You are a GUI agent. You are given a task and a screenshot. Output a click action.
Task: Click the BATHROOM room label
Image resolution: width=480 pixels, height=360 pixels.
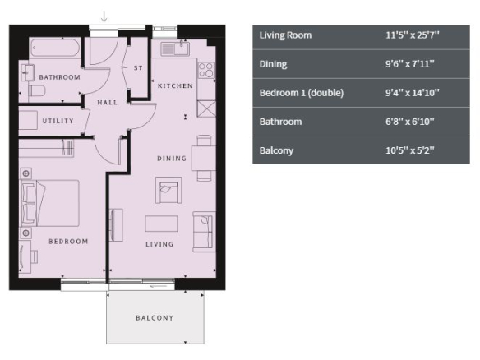tap(60, 77)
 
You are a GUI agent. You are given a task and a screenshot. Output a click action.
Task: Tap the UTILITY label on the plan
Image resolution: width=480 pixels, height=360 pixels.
tap(58, 121)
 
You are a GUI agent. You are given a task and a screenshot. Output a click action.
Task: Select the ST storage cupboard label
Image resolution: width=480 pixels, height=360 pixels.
tap(138, 68)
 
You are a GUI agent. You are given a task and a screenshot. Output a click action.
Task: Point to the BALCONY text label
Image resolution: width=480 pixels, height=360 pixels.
tap(155, 318)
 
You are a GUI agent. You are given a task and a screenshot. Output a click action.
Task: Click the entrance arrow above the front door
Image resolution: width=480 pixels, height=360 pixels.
tap(104, 16)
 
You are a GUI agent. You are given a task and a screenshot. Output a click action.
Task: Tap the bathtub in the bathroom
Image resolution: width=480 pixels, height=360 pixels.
tap(55, 48)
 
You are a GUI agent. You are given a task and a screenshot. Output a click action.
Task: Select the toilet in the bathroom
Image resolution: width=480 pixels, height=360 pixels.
tap(37, 90)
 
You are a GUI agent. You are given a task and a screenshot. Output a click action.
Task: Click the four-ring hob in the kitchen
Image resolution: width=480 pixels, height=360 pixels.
tap(206, 70)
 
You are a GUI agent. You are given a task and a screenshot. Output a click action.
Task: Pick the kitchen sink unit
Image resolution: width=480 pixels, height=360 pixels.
tap(175, 48)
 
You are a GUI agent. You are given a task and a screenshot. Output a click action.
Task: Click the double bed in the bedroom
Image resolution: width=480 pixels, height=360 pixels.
tap(49, 203)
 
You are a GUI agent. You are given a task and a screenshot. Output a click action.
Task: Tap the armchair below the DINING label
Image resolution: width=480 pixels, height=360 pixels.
tap(168, 190)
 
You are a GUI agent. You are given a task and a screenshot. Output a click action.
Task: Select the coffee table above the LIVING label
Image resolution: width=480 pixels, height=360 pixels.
tap(161, 224)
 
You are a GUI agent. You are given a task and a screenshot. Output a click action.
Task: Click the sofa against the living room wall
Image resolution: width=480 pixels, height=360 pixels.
tap(204, 232)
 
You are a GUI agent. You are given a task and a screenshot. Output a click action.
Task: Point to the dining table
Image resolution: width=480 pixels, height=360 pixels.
tap(204, 159)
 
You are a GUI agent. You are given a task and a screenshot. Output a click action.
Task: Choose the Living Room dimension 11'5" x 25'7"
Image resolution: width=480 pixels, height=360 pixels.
tap(413, 35)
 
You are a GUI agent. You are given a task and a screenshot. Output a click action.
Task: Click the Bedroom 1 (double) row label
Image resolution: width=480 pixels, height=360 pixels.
tap(302, 93)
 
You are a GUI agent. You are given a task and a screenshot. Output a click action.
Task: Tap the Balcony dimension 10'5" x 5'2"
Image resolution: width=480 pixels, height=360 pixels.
tap(410, 150)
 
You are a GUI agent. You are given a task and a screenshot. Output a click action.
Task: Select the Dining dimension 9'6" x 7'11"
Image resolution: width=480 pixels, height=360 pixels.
tap(410, 64)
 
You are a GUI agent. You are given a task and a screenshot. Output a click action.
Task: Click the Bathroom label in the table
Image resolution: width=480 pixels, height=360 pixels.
tap(281, 122)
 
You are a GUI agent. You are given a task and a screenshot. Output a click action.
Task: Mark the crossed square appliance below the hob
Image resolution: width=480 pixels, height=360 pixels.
tap(206, 108)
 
